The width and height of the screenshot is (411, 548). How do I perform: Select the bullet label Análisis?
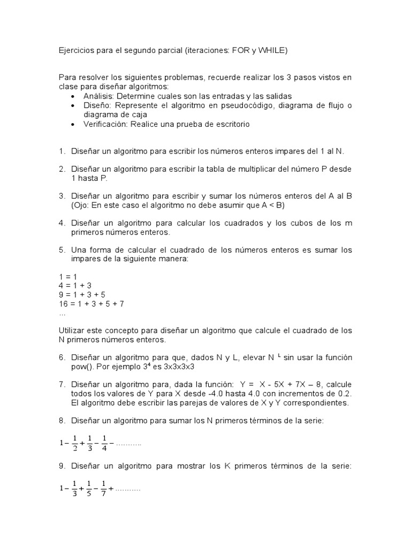pyautogui.click(x=98, y=96)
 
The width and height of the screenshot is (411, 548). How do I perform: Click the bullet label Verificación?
pyautogui.click(x=106, y=124)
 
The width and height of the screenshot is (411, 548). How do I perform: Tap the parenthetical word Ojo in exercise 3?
pyautogui.click(x=80, y=205)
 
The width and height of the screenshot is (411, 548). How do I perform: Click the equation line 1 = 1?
pyautogui.click(x=68, y=276)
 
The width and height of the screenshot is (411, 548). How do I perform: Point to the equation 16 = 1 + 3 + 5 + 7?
pyautogui.click(x=92, y=304)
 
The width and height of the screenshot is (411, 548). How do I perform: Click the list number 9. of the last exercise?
pyautogui.click(x=62, y=467)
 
